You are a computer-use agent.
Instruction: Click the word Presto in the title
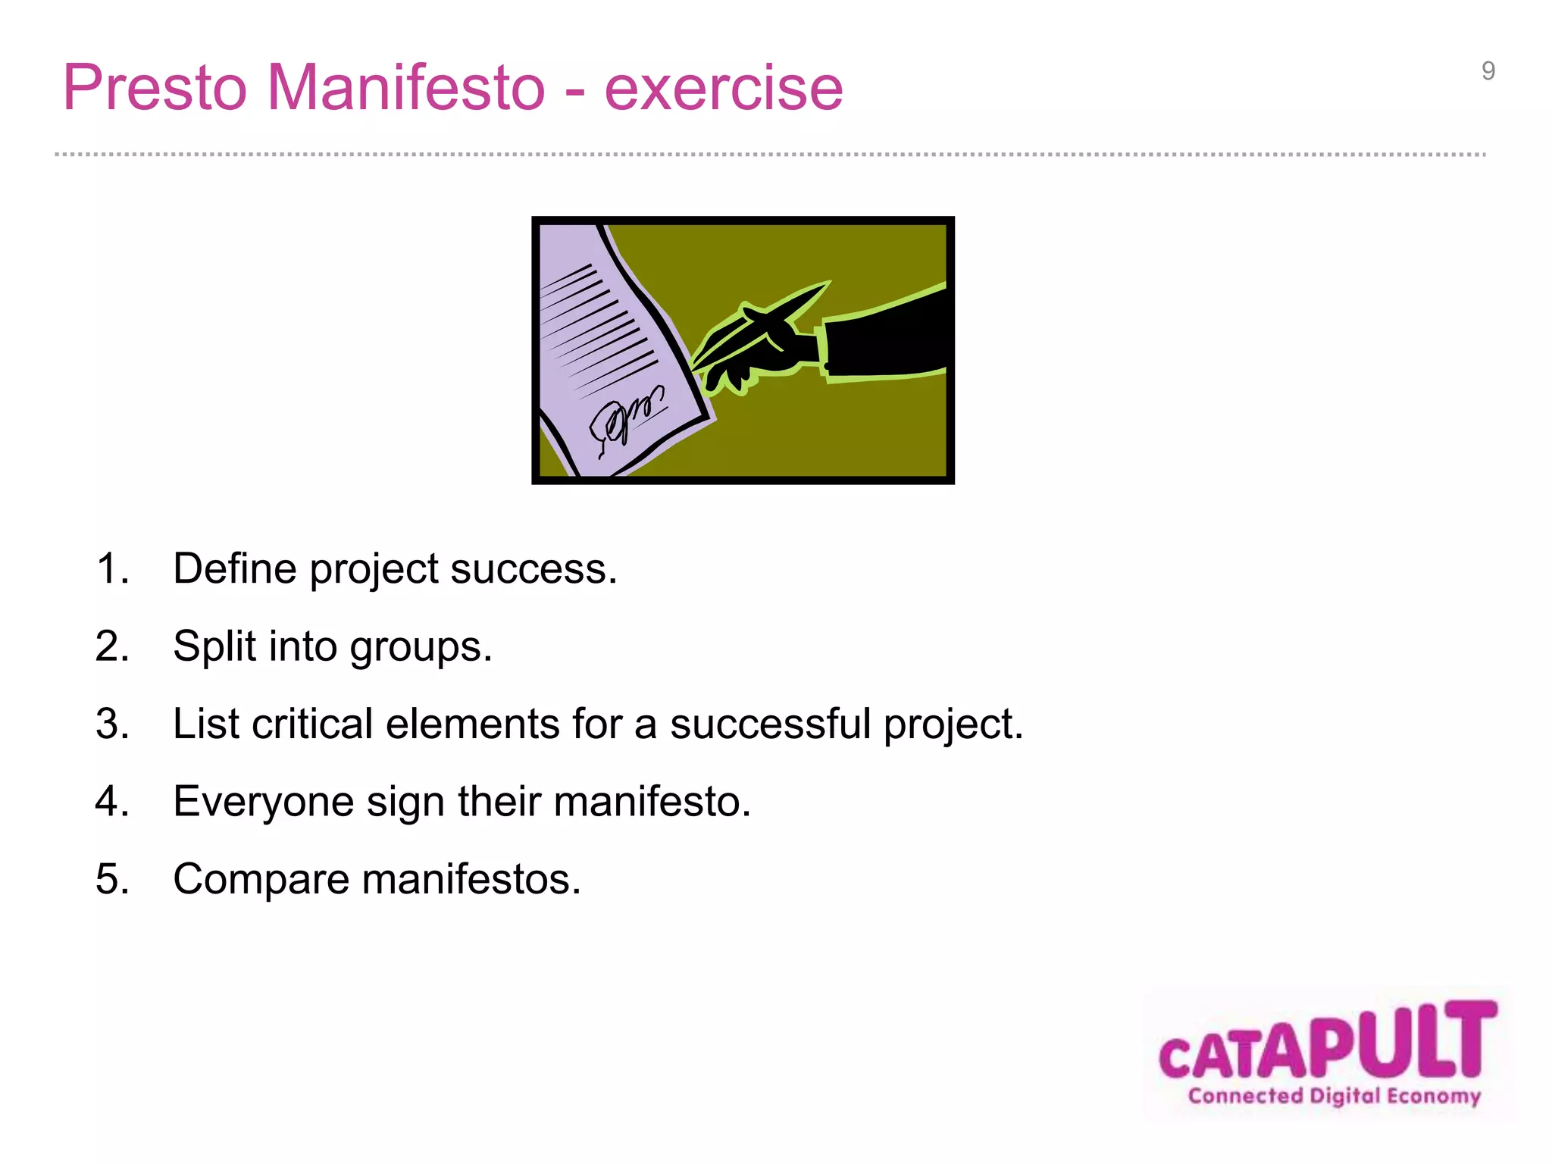pos(155,88)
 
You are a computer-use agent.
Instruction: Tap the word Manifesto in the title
pos(406,88)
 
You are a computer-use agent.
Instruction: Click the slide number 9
pos(1488,71)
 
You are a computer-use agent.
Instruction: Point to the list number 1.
pos(111,568)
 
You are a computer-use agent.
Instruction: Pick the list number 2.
pos(111,646)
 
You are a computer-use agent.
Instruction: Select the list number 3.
pos(111,724)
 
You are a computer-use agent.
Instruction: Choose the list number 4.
pos(111,802)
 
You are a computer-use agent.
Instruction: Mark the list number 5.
pos(111,879)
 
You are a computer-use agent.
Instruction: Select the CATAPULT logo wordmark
pos(1328,1042)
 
